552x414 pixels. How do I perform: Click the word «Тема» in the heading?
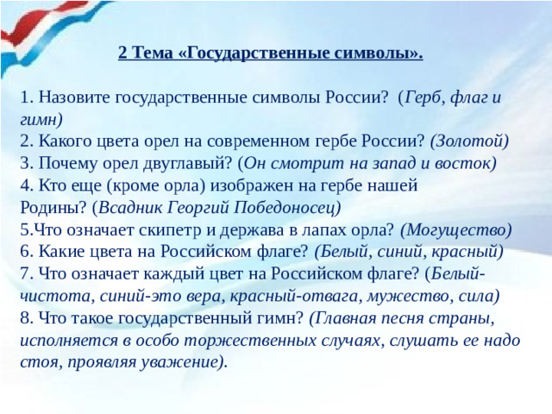point(148,53)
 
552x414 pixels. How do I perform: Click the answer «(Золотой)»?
point(469,140)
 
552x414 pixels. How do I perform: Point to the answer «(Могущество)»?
point(456,229)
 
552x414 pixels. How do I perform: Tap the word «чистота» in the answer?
point(51,297)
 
